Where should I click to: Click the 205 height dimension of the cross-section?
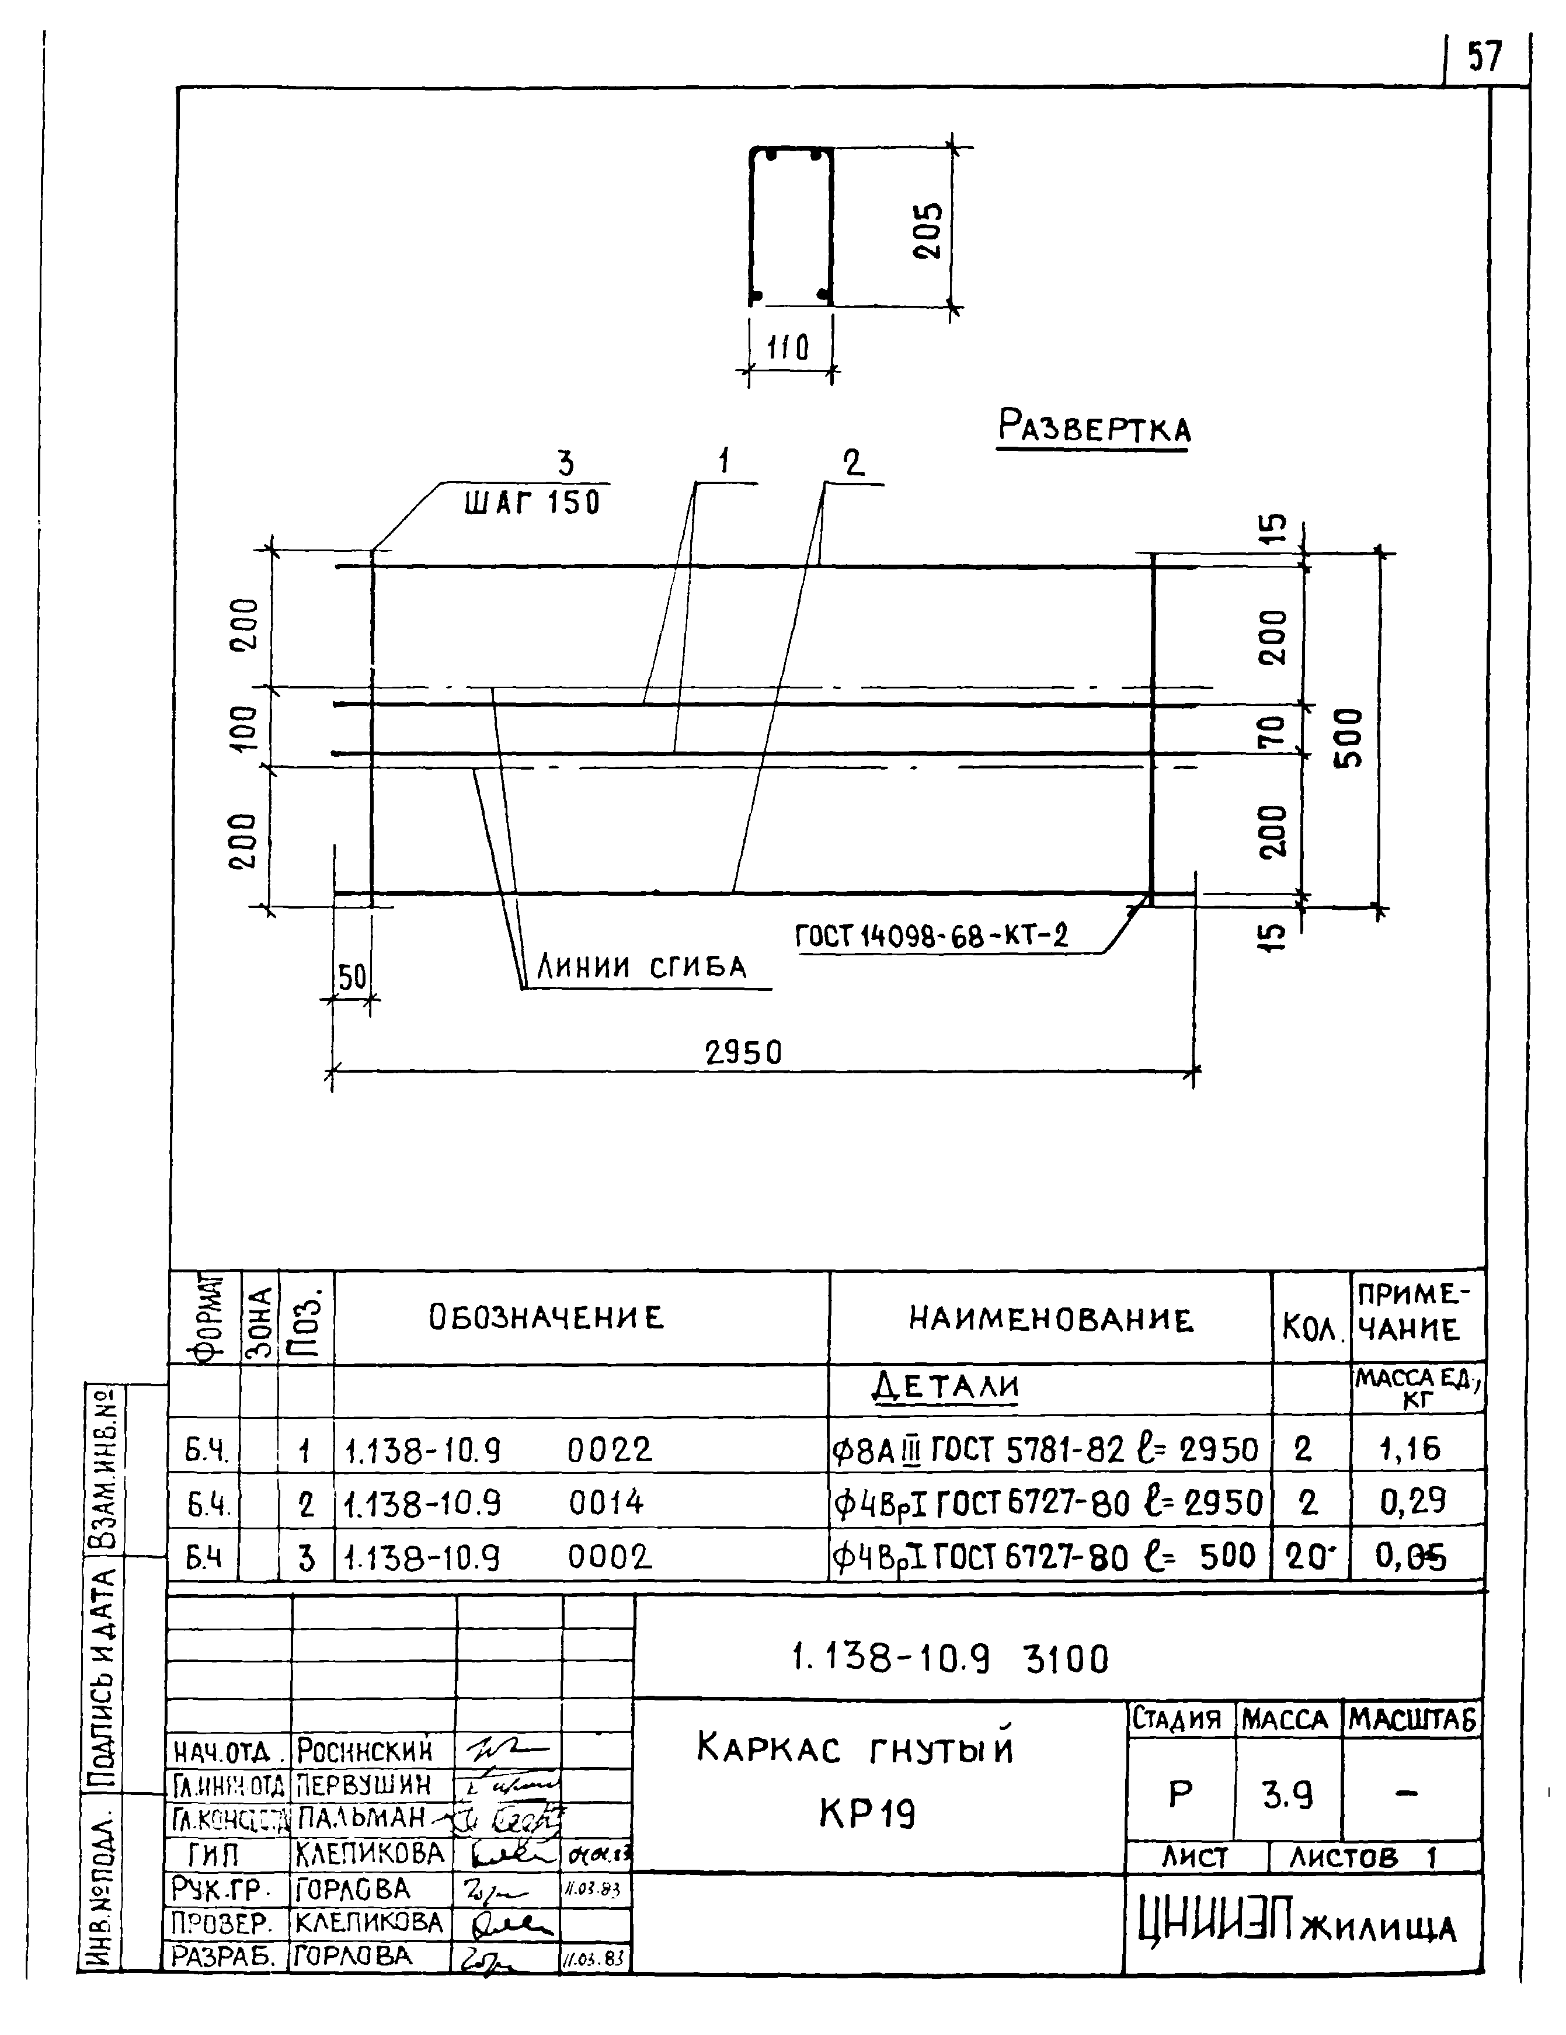coord(927,231)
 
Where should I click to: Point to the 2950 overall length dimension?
coord(743,1053)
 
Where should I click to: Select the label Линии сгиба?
coord(642,967)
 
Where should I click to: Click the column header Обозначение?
coord(547,1317)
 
